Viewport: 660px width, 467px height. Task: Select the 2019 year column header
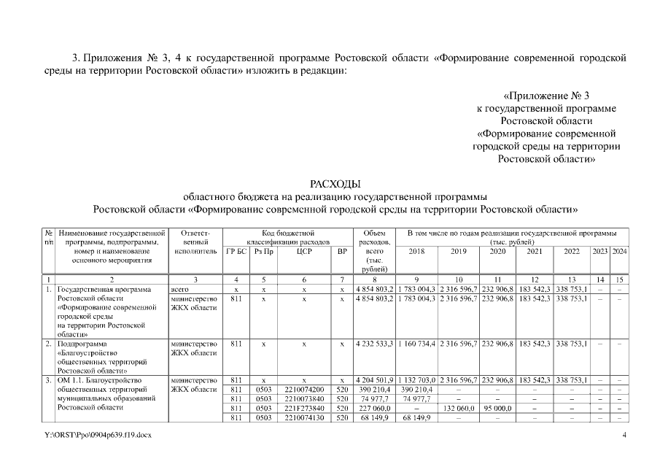tap(459, 251)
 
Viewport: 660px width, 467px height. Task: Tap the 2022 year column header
tap(572, 251)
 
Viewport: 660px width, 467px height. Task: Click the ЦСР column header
tap(304, 251)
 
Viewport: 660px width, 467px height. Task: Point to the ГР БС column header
tap(236, 251)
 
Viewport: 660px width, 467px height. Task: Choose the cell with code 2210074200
tap(304, 390)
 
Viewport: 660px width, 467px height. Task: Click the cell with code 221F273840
tap(304, 409)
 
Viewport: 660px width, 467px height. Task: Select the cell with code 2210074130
tap(304, 418)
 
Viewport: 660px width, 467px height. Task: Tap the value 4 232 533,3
tap(375, 342)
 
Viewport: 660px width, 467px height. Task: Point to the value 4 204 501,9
tap(375, 380)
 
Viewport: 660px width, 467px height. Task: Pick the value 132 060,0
tap(459, 409)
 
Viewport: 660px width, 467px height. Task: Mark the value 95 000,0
tap(497, 409)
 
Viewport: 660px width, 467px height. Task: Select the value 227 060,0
tap(373, 409)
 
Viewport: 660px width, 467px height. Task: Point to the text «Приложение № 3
tap(546, 96)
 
